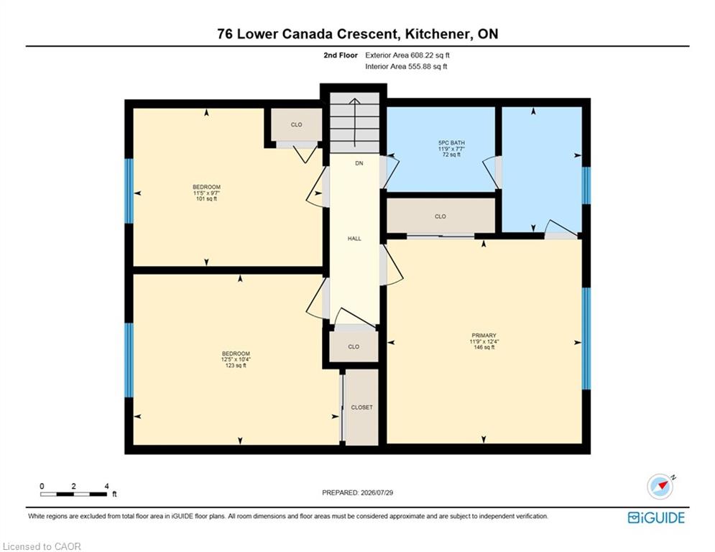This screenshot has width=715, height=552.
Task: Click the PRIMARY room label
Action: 484,336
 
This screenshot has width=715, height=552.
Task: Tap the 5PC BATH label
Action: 451,143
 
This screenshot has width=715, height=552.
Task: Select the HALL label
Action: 354,239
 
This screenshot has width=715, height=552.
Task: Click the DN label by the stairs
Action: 359,163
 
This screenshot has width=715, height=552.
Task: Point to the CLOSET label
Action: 361,408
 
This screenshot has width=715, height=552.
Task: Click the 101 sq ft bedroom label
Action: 206,187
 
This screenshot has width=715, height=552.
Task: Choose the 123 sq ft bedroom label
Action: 236,354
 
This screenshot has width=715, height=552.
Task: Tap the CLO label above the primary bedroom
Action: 440,216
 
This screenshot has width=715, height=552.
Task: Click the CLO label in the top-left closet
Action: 296,124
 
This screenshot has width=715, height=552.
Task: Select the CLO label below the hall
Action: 354,346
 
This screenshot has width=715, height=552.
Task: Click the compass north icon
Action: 661,486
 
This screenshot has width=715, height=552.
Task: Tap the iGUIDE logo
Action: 656,517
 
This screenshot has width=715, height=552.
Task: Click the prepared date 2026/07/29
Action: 377,492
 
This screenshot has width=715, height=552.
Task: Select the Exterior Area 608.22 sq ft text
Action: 407,55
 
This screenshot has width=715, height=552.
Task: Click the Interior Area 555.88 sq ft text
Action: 406,67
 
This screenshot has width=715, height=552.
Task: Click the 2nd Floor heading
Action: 341,55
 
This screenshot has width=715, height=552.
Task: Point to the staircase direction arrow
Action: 355,122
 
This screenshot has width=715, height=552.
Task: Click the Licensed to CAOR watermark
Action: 42,546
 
